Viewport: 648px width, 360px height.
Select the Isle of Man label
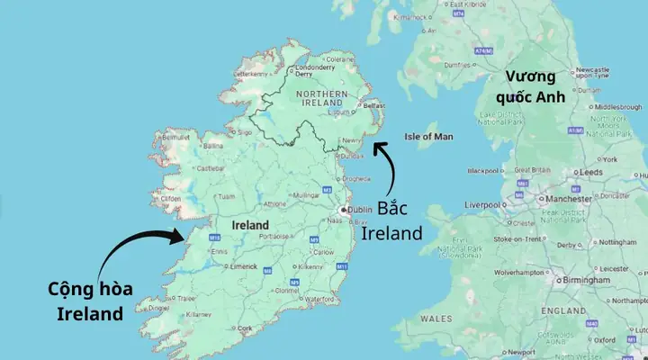coord(429,136)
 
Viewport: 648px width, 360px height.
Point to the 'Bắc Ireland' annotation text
coord(391,221)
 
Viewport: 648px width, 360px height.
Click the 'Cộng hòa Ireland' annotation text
coord(89,301)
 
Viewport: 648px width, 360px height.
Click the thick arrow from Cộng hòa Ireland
coord(135,252)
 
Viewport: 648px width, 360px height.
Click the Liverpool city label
coord(482,205)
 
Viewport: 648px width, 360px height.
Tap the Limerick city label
coord(246,268)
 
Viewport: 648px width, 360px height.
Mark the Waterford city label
coord(319,300)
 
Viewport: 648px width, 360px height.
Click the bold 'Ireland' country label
coord(250,224)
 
